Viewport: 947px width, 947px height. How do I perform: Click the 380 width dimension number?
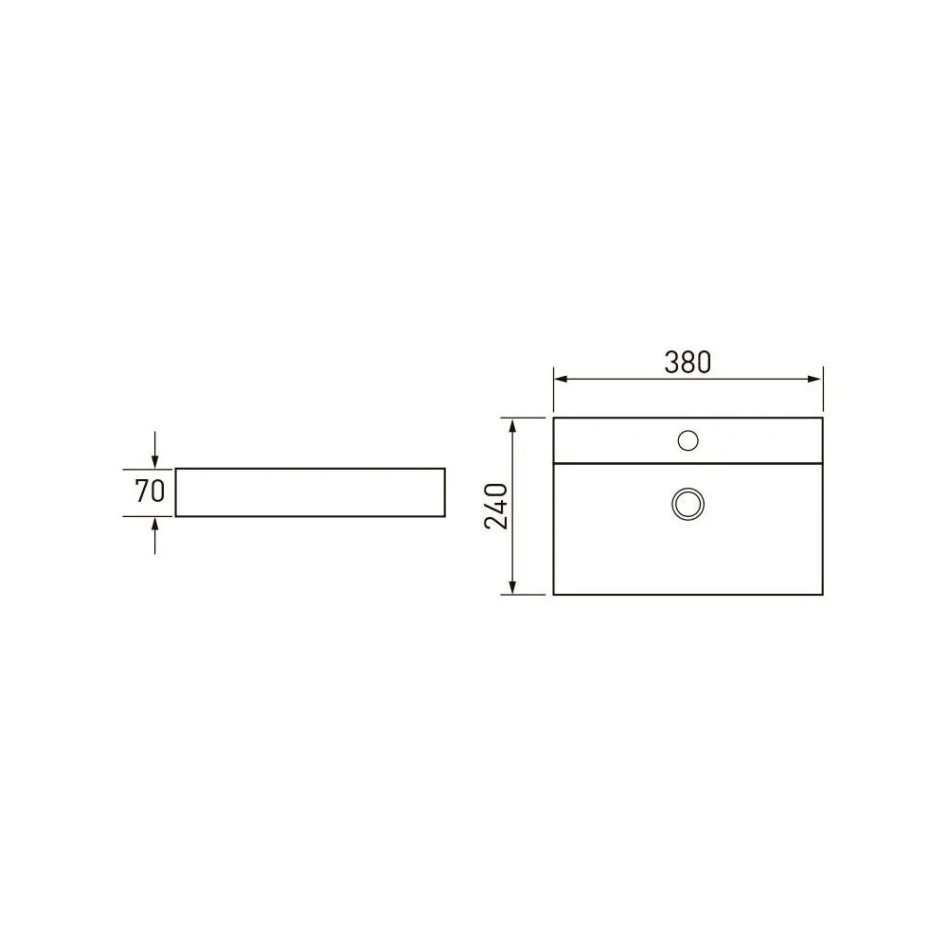pos(688,363)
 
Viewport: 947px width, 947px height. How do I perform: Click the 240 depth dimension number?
pos(496,506)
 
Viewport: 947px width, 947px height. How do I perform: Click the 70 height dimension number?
pos(150,491)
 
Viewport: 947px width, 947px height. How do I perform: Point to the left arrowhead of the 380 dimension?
pos(561,380)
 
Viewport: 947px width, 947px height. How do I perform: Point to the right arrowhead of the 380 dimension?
pos(814,380)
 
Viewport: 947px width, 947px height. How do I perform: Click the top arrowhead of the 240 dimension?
pos(512,426)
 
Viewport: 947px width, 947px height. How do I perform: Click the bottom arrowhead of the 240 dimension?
pos(512,587)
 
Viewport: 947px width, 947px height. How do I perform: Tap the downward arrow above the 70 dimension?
pos(155,450)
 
